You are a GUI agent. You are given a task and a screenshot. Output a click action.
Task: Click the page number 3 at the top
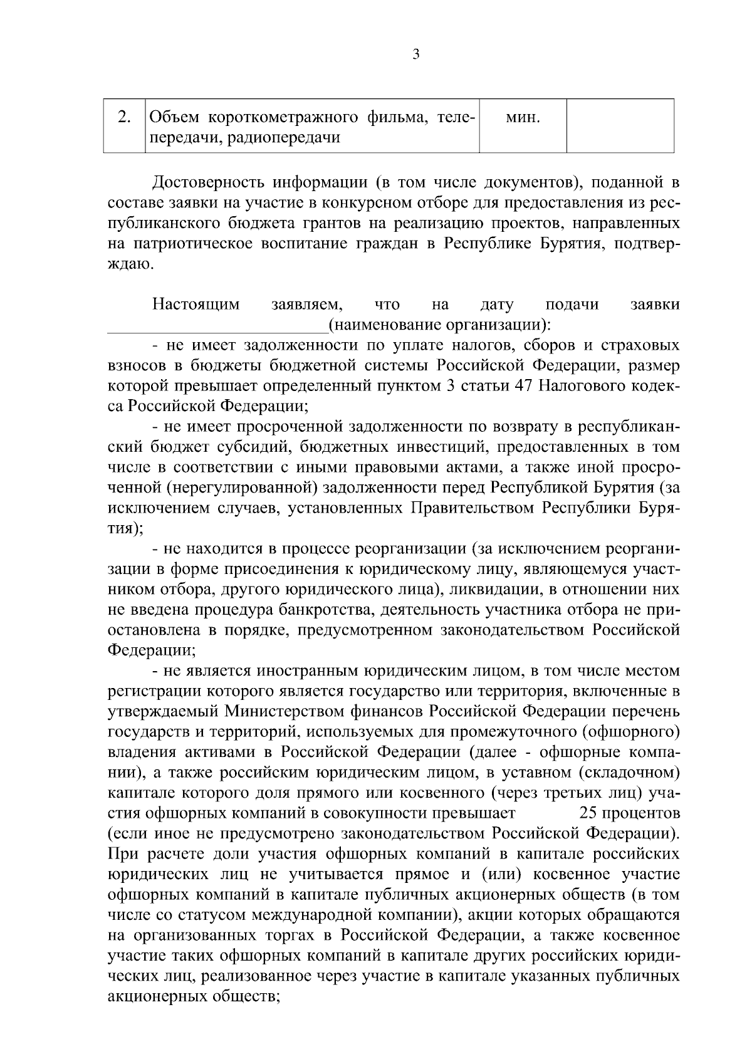[x=417, y=55]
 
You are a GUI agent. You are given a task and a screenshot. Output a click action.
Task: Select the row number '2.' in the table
[x=124, y=117]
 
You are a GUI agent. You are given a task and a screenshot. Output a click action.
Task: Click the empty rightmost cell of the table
[x=620, y=125]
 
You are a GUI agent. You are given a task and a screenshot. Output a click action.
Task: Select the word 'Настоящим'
[x=196, y=305]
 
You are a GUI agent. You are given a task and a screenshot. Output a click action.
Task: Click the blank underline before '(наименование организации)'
[x=217, y=326]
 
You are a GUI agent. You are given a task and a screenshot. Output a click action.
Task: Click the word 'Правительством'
[x=473, y=508]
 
